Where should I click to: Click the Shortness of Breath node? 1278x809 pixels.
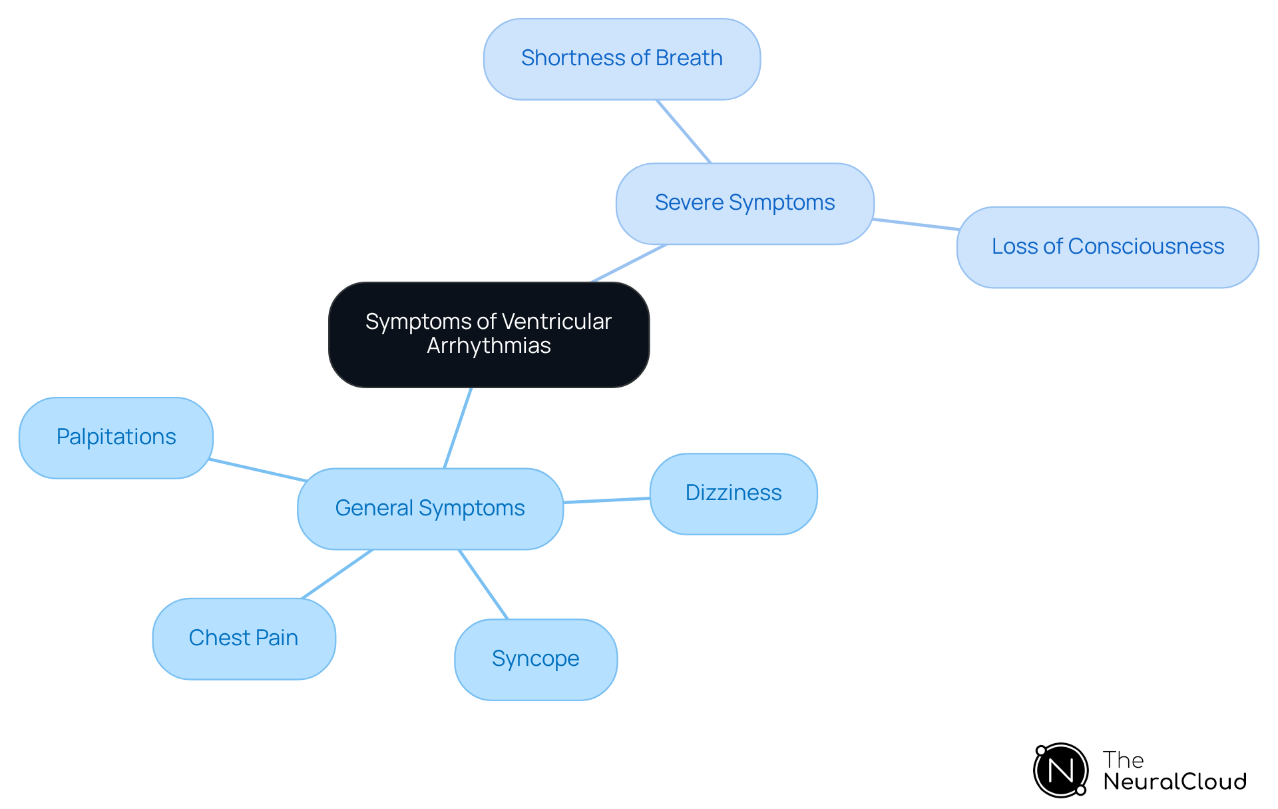coord(622,59)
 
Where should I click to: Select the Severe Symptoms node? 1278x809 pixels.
coord(744,203)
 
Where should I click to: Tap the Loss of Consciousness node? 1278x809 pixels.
coord(1107,247)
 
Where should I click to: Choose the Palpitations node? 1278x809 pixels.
coord(116,437)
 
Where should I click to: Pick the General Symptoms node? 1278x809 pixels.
coord(430,509)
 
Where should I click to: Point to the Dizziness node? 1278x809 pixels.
coord(733,493)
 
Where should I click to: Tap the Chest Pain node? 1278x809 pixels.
coord(244,639)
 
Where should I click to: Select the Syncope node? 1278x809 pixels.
coord(535,659)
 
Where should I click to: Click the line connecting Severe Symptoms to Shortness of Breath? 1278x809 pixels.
coord(684,131)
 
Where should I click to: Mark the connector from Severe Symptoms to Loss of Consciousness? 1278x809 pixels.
coord(915,224)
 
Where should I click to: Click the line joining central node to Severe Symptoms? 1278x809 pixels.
coord(629,263)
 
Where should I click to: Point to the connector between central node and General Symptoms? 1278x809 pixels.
coord(458,427)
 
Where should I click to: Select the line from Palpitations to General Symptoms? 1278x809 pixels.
coord(258,469)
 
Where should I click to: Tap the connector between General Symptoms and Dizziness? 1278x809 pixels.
coord(606,500)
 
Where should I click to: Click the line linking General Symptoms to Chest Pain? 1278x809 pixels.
coord(337,574)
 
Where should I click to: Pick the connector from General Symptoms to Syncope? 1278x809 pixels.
coord(483,584)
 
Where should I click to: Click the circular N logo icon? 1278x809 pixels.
coord(1060,770)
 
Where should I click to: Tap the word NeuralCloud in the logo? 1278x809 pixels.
coord(1174,782)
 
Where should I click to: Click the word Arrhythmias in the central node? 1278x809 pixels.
coord(489,346)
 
